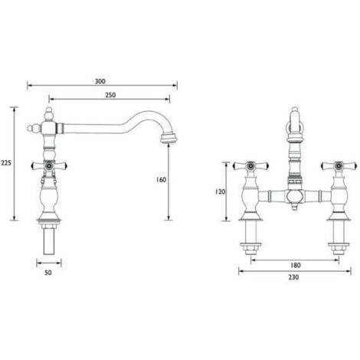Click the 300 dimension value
(100, 81)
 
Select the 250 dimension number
(110, 95)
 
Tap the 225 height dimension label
(6, 162)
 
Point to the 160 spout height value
(161, 180)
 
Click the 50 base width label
(48, 273)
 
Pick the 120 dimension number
(221, 191)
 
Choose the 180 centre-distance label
(295, 265)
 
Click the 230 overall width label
(293, 277)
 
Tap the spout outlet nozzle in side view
(168, 137)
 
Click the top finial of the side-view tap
(49, 114)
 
